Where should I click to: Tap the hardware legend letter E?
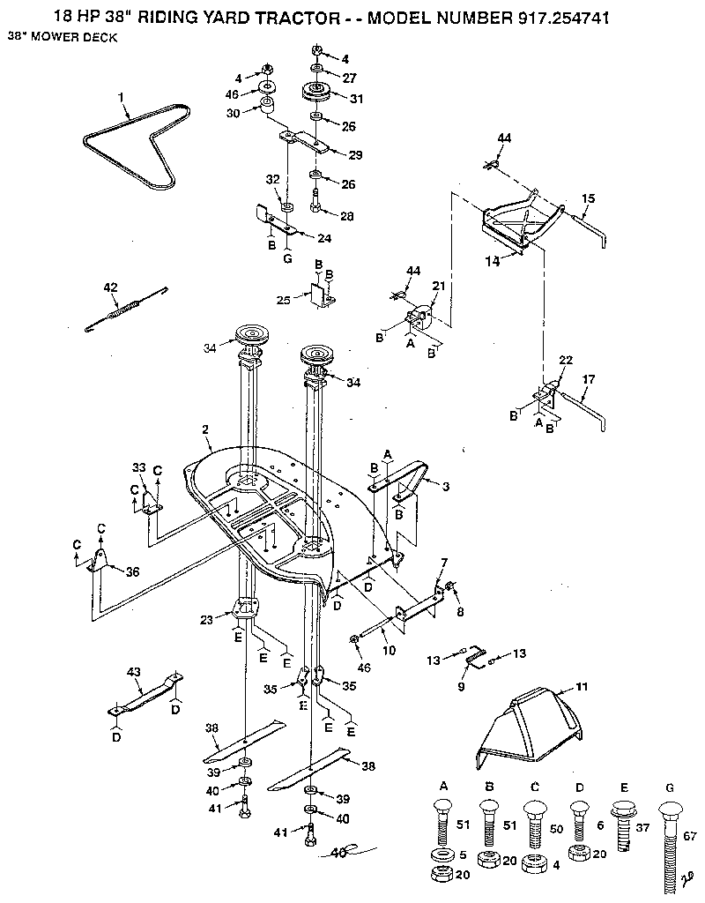(x=624, y=785)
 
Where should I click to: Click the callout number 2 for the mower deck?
(x=204, y=430)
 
